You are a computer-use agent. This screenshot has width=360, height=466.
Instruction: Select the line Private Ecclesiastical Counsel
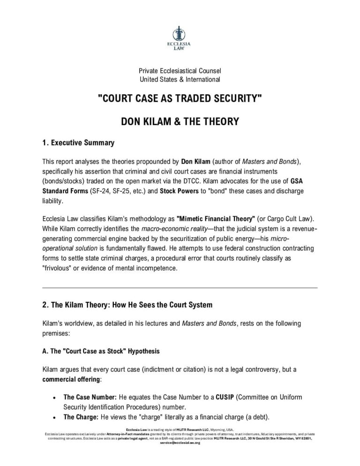coord(180,71)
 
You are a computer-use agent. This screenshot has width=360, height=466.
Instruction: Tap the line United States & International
coord(180,79)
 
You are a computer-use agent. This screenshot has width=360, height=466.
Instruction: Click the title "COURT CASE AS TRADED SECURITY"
coord(180,99)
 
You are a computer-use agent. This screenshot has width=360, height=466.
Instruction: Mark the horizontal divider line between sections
coord(180,287)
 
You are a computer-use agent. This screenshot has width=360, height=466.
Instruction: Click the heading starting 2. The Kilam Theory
coord(127,305)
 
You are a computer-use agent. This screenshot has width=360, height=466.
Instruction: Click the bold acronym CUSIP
coord(214,397)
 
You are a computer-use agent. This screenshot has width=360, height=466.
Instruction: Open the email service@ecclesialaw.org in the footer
coord(180,443)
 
